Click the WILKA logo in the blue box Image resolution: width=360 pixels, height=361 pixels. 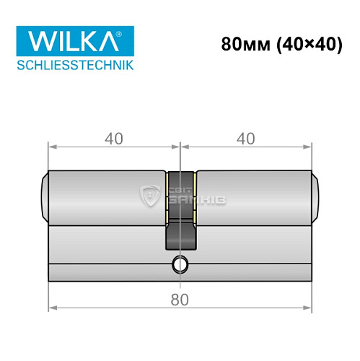(x=69, y=41)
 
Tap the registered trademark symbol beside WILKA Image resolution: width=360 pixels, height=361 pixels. (x=128, y=33)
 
